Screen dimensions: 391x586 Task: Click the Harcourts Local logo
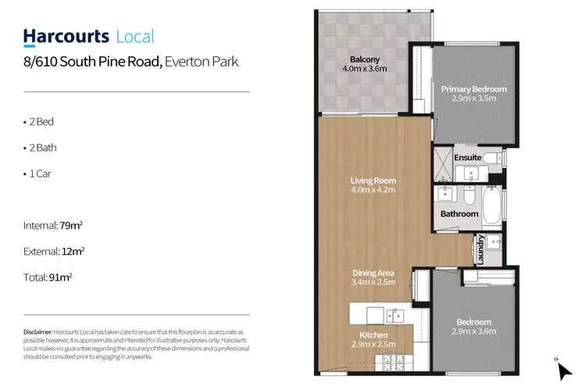[88, 37]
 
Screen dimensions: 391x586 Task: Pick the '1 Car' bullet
[39, 173]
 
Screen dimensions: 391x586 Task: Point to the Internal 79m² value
[71, 226]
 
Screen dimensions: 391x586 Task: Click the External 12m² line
[54, 251]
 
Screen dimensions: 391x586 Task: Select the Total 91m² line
[49, 276]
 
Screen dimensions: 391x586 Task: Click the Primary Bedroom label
[473, 89]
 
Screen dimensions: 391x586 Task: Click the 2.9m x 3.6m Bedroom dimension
[473, 332]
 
